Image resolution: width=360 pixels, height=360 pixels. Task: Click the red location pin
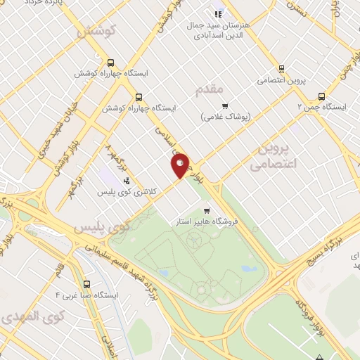[x=181, y=165]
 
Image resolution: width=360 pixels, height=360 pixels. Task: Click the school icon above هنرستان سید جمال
[x=218, y=13]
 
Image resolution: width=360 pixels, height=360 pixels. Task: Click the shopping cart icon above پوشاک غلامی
[x=225, y=106]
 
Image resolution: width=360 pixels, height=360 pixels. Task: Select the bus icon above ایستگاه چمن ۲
[x=322, y=96]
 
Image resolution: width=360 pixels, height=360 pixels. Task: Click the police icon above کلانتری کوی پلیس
[x=126, y=180]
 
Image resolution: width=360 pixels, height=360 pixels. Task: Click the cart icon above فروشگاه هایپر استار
[x=206, y=210]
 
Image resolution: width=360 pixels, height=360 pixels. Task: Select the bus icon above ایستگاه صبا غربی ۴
[x=86, y=284]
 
